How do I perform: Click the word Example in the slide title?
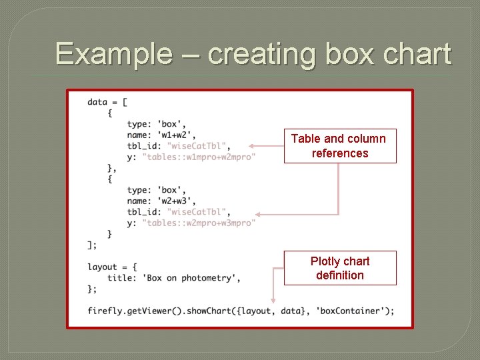pos(113,54)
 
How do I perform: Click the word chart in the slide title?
pos(417,54)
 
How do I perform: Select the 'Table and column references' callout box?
pos(340,146)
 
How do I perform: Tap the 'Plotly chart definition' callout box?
pos(340,268)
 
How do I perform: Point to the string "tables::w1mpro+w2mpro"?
pos(199,157)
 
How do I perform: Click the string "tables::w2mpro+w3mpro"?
pos(199,223)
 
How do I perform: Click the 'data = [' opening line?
pos(107,102)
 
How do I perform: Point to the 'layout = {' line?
pos(112,267)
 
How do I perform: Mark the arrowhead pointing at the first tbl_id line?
pos(252,146)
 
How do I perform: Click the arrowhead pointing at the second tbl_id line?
pos(259,215)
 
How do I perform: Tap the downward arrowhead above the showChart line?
pos(273,300)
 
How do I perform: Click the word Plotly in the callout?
pos(325,261)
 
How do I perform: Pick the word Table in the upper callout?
pos(305,139)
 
